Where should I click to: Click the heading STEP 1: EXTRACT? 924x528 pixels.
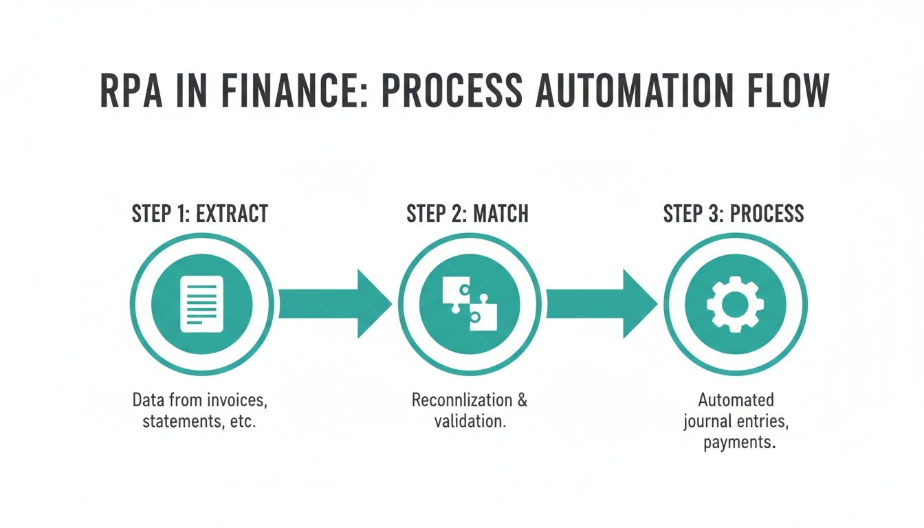click(x=199, y=214)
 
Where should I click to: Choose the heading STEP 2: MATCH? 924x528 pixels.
click(x=467, y=214)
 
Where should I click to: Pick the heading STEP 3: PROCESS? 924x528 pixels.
click(x=734, y=214)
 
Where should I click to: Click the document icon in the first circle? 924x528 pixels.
click(x=201, y=304)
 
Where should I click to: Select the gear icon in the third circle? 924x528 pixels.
click(x=735, y=304)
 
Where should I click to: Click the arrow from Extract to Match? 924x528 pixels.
click(x=334, y=304)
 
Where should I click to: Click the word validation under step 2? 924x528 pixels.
click(x=470, y=421)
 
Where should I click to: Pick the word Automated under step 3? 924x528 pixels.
click(x=736, y=400)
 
